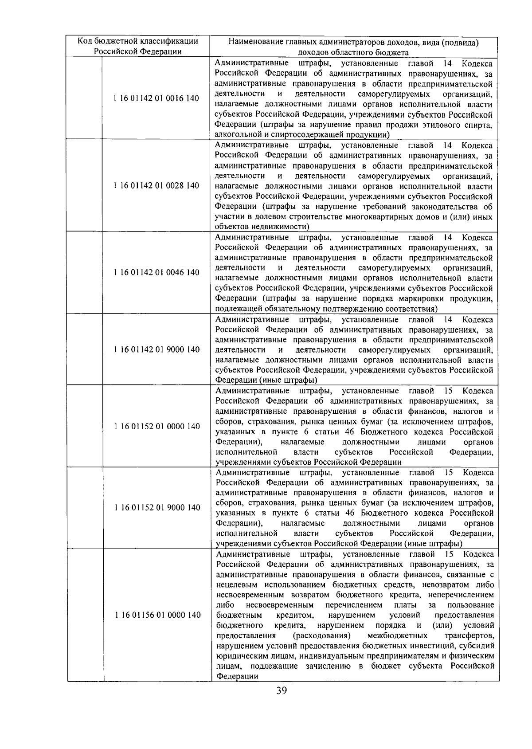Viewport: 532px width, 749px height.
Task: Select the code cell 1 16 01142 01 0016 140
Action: [157, 98]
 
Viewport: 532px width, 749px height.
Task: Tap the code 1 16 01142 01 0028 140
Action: [157, 186]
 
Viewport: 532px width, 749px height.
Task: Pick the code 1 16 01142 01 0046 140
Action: [157, 272]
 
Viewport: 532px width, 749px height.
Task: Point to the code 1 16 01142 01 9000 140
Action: [157, 349]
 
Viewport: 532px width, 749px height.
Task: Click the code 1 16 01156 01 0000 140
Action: [158, 615]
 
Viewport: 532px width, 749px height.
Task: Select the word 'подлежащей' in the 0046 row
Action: [234, 309]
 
